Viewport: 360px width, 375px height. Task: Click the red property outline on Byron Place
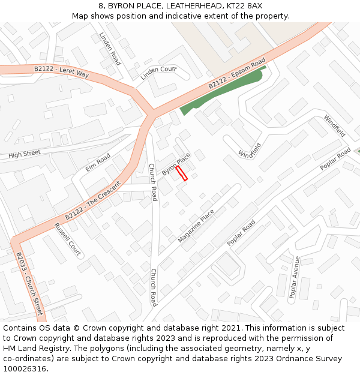[x=182, y=174]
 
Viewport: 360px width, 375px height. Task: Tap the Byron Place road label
[x=176, y=164]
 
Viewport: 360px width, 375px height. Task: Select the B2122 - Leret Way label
[x=61, y=71]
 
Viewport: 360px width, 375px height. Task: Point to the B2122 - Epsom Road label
[x=236, y=74]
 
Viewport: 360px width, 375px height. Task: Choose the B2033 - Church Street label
[x=29, y=284]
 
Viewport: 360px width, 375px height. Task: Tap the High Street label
[x=25, y=154]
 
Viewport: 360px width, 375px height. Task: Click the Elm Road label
[x=98, y=162]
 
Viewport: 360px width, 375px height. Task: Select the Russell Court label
[x=67, y=239]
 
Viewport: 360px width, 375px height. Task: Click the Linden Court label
[x=158, y=73]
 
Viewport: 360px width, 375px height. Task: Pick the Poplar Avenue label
[x=294, y=277]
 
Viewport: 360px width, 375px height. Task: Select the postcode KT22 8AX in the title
[x=246, y=5]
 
